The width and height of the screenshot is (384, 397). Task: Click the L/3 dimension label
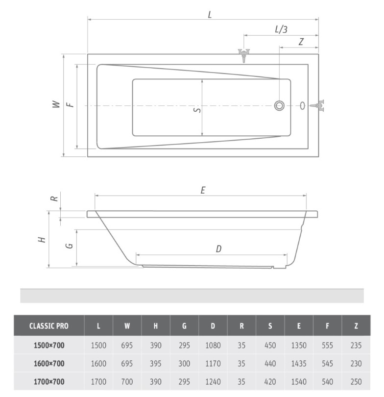point(281,29)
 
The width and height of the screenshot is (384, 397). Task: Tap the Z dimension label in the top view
point(301,42)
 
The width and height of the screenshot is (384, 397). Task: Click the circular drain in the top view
point(279,105)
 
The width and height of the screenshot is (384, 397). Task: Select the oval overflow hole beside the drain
point(302,105)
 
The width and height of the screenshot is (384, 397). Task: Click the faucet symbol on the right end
point(317,105)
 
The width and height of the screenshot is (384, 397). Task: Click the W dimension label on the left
point(56,104)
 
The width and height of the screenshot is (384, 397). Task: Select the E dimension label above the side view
point(203,190)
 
